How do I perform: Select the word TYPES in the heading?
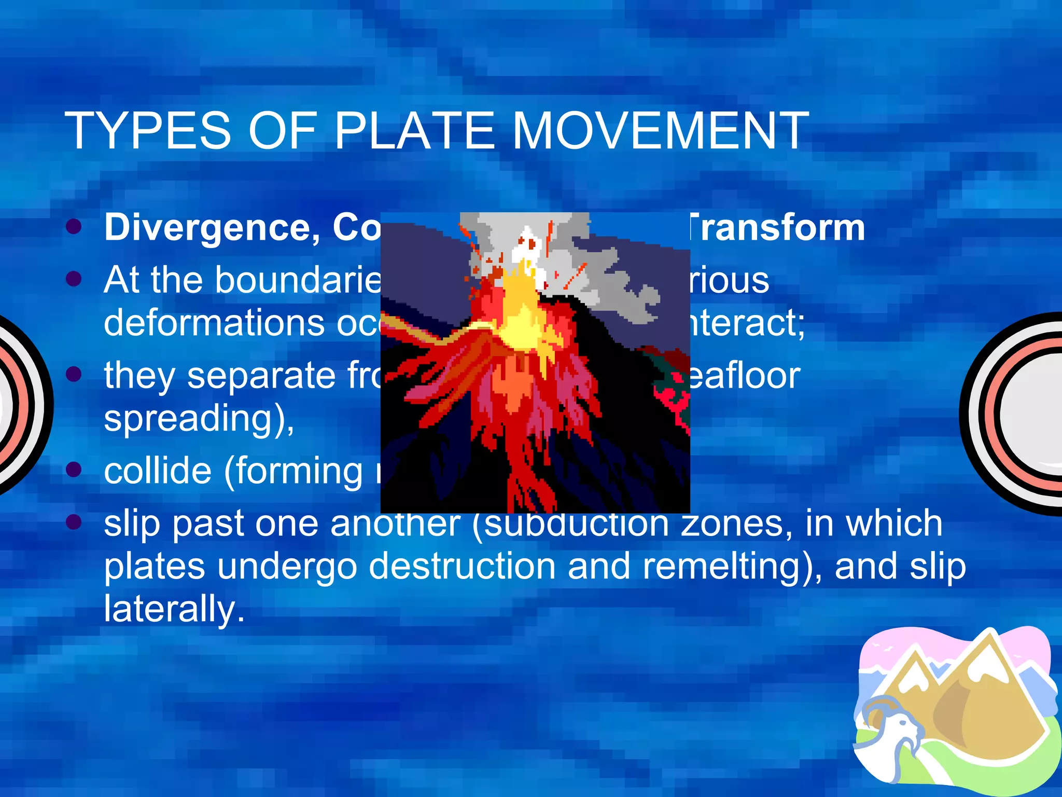147,131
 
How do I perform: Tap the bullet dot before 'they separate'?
74,374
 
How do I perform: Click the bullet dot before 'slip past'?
74,521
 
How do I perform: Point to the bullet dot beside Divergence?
74,227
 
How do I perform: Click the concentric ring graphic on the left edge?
21,405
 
